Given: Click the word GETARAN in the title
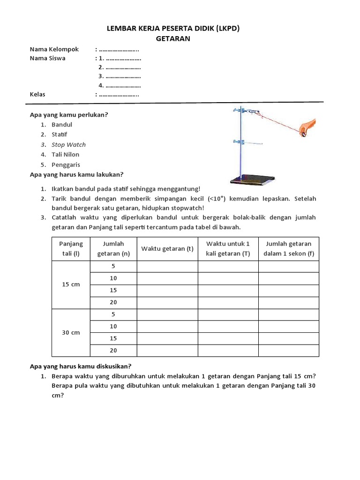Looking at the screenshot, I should (173, 38).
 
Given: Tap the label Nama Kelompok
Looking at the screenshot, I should (54, 49).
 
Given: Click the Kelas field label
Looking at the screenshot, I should (37, 94).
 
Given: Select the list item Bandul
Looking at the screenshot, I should (62, 125).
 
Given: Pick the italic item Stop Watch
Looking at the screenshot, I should (68, 144).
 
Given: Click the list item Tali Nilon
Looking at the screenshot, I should (65, 154).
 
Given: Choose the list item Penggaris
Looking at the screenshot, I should (66, 165).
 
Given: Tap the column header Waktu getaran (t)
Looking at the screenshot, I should (167, 249).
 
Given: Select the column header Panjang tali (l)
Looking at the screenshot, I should (71, 249).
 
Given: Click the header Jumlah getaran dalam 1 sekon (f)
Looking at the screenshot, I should (288, 249).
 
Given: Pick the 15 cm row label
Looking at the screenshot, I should (71, 285).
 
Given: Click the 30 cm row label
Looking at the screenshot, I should (71, 332).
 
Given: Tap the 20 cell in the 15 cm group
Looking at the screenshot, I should (113, 302).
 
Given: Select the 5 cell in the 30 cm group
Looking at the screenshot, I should (113, 315).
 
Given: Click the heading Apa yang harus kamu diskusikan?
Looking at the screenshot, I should (81, 366).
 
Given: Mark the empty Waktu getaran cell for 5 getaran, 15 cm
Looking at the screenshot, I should (167, 266).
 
